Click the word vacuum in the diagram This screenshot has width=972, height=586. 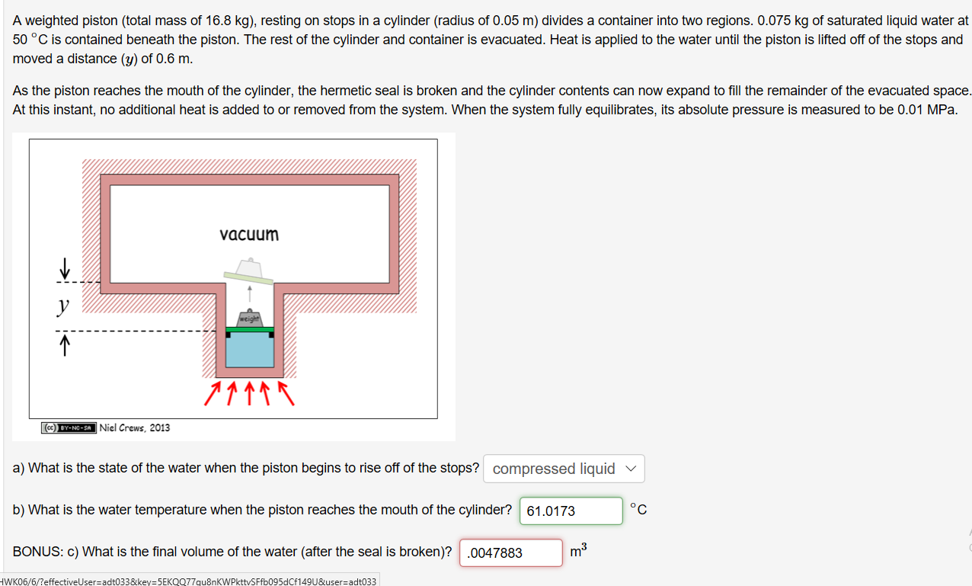tap(249, 234)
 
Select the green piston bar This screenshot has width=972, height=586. tap(250, 329)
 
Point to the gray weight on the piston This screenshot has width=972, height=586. tap(250, 319)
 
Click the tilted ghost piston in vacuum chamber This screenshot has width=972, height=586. tap(249, 272)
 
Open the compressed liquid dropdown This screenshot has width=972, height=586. tap(564, 469)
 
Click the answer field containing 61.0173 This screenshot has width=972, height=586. tap(571, 511)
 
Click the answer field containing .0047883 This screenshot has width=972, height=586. tap(510, 552)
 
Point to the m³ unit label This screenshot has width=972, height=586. tap(578, 550)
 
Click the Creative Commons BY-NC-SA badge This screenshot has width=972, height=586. tap(69, 428)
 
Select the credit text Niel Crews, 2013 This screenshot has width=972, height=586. tap(135, 427)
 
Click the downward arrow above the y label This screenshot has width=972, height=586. tap(65, 267)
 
